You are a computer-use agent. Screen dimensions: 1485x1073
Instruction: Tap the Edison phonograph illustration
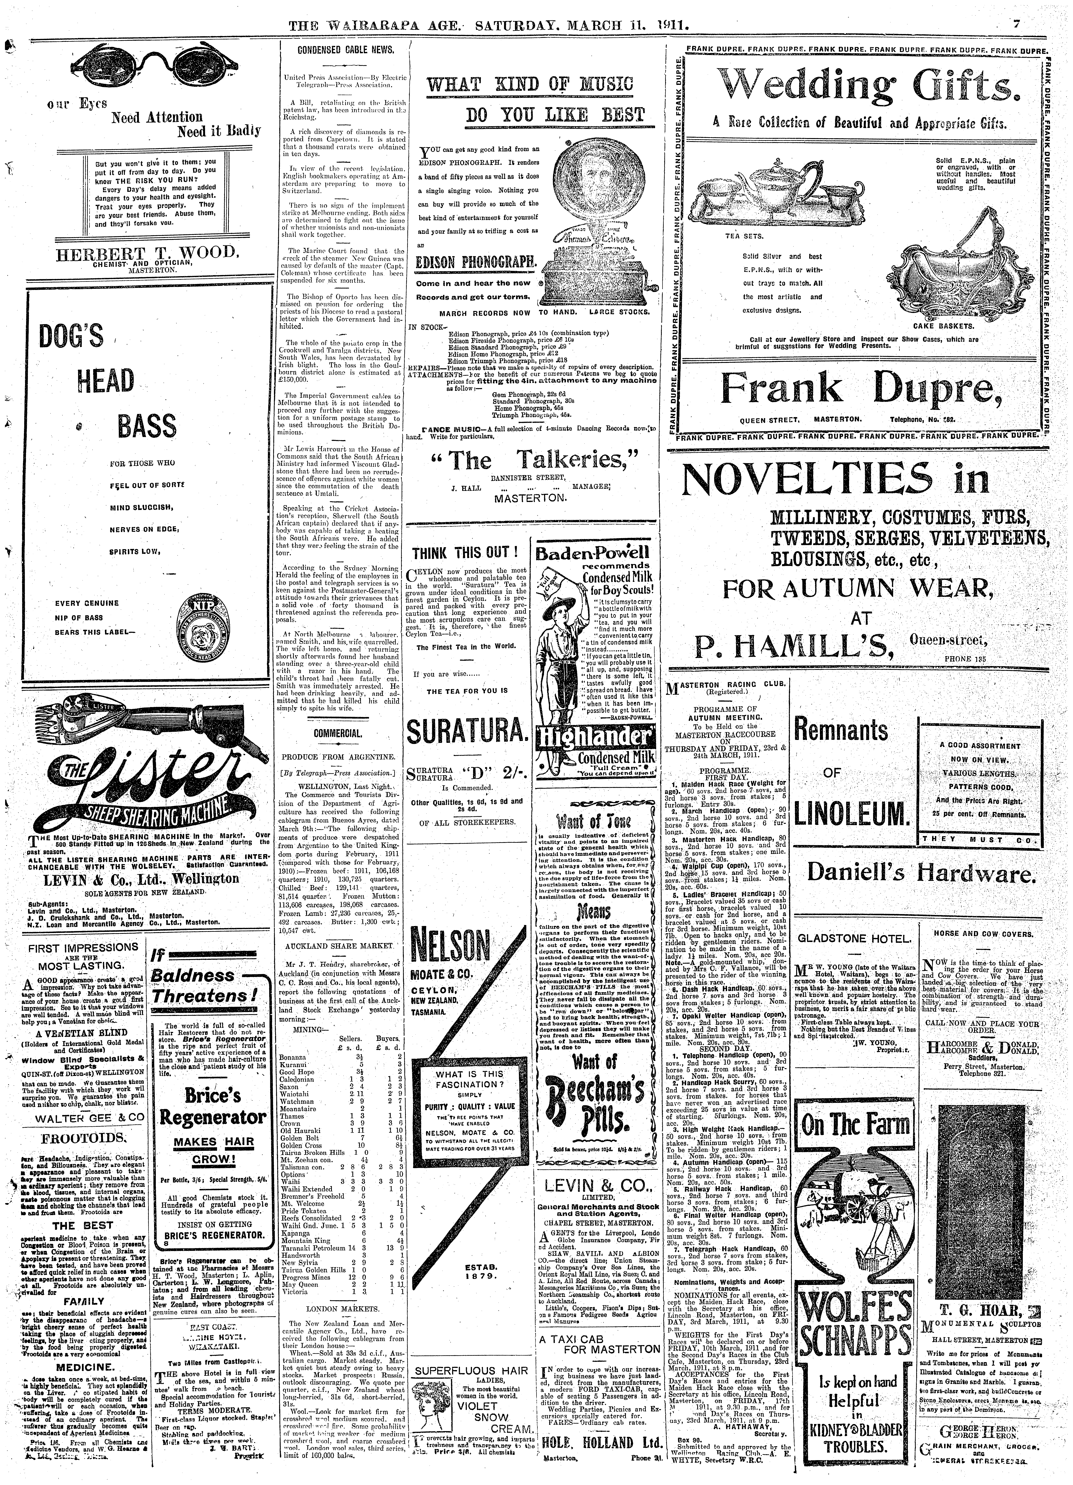point(594,234)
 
